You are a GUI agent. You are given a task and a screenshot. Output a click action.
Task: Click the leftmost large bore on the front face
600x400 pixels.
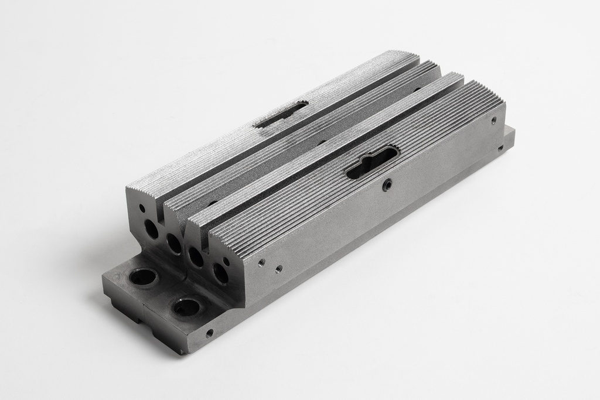pyautogui.click(x=152, y=229)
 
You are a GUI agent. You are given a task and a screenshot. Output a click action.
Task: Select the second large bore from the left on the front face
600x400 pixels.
pyautogui.click(x=174, y=243)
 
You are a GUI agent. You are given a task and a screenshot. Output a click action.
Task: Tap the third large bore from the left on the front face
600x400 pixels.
pyautogui.click(x=196, y=257)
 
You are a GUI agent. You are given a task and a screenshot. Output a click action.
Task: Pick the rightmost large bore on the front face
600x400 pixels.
pyautogui.click(x=220, y=273)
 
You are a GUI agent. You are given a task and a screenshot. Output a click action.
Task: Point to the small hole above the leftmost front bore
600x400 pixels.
pyautogui.click(x=142, y=207)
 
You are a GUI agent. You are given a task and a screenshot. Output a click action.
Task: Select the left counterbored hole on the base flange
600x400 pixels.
pyautogui.click(x=142, y=276)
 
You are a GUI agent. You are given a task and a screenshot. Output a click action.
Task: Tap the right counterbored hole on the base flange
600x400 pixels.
pyautogui.click(x=187, y=306)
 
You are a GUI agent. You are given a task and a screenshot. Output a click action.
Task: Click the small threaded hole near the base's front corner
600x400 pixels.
pyautogui.click(x=209, y=333)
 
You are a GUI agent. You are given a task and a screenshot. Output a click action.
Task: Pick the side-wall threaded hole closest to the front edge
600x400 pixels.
pyautogui.click(x=261, y=262)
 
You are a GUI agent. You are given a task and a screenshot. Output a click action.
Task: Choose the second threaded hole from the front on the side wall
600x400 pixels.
pyautogui.click(x=278, y=269)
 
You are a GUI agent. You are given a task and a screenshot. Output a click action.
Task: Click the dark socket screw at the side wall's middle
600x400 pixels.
pyautogui.click(x=387, y=186)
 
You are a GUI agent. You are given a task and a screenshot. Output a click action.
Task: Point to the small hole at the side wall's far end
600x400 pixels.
pyautogui.click(x=493, y=120)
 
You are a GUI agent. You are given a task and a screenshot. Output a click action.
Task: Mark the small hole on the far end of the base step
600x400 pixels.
pyautogui.click(x=500, y=148)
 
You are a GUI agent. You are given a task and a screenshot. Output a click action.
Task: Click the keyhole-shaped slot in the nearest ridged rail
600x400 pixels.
pyautogui.click(x=373, y=161)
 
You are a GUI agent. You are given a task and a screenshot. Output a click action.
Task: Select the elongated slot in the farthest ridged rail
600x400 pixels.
pyautogui.click(x=281, y=115)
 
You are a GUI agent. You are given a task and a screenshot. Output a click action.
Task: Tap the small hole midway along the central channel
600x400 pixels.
pyautogui.click(x=321, y=142)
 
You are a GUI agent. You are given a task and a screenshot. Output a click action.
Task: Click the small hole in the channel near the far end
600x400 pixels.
pyautogui.click(x=417, y=90)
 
